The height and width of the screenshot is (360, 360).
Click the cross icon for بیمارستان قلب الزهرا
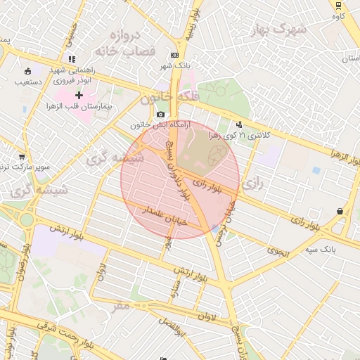[79, 95]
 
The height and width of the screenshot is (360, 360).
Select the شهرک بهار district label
[280, 29]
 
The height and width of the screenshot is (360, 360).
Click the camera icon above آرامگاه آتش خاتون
[161, 114]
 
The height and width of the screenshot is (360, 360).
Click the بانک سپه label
[319, 249]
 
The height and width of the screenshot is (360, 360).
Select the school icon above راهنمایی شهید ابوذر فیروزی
[70, 60]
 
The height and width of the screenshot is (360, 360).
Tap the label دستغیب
[29, 82]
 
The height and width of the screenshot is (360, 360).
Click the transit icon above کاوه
[339, 4]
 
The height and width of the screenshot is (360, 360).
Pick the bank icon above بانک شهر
[174, 56]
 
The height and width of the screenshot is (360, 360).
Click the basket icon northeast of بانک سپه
[340, 211]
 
